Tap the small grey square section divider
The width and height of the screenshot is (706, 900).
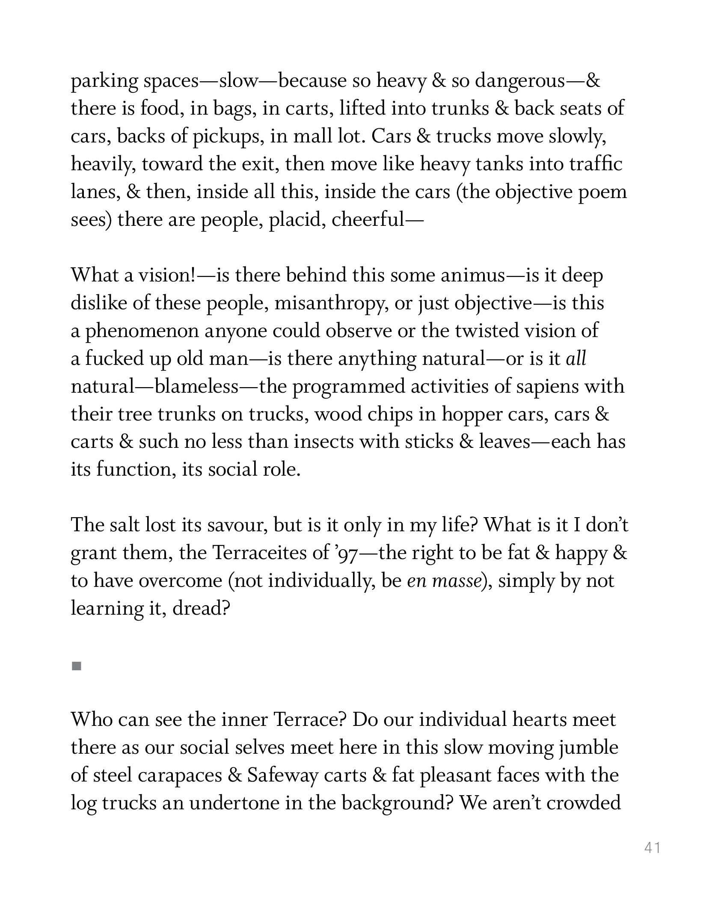pyautogui.click(x=77, y=666)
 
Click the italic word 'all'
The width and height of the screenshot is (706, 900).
pyautogui.click(x=576, y=358)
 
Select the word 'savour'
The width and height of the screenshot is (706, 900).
pyautogui.click(x=238, y=525)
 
